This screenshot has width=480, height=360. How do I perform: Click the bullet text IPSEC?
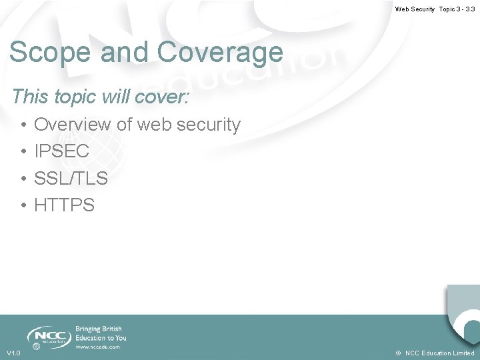[x=61, y=151]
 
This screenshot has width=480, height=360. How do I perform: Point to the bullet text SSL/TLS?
[x=71, y=179]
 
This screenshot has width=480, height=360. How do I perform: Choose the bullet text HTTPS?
[x=64, y=205]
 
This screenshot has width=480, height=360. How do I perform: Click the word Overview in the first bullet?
[x=73, y=125]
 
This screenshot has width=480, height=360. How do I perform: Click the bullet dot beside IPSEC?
[x=23, y=152]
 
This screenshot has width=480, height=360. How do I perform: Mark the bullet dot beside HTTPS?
[x=23, y=206]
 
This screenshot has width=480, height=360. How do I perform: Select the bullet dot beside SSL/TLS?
[x=23, y=179]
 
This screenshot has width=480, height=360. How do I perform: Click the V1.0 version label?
[x=13, y=353]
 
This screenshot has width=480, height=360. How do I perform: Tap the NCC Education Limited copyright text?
[x=439, y=353]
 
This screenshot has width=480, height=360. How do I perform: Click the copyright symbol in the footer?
[x=397, y=353]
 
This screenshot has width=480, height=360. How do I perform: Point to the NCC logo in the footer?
[x=48, y=335]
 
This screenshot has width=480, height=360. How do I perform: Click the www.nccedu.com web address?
[x=97, y=347]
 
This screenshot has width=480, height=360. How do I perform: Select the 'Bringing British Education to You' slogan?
[x=100, y=333]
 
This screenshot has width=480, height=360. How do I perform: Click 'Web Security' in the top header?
[x=415, y=9]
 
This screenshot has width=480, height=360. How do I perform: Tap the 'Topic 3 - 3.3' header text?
[x=457, y=9]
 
